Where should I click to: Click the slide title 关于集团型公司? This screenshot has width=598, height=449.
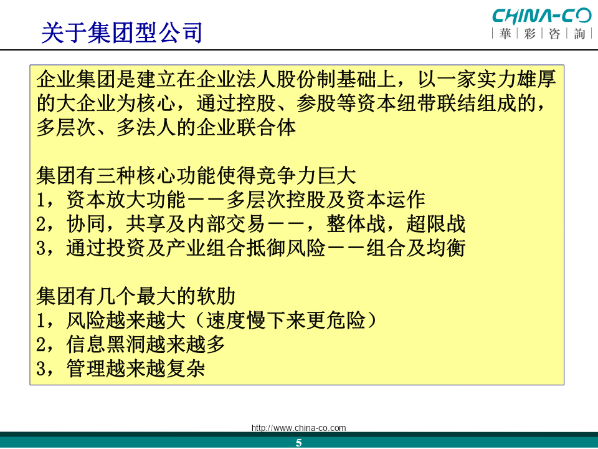coord(121,33)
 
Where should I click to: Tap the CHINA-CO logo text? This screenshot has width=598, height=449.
coord(541,16)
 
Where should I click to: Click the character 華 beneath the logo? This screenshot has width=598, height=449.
coord(505,34)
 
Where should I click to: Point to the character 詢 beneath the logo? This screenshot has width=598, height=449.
coord(579,34)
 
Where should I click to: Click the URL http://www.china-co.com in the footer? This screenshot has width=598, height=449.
coord(298,428)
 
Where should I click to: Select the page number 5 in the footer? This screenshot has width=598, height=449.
coord(298,443)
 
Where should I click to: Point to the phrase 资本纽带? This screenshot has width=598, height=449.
coord(396,104)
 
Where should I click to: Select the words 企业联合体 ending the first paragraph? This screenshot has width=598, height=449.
coord(246,127)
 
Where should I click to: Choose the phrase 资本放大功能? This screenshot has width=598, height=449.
coord(126,200)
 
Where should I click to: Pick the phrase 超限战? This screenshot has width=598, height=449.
coord(436,224)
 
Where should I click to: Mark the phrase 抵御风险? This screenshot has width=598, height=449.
coord(286,248)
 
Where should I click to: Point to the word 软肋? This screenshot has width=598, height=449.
coord(216,296)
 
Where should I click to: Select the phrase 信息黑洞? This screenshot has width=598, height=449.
coord(106,344)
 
